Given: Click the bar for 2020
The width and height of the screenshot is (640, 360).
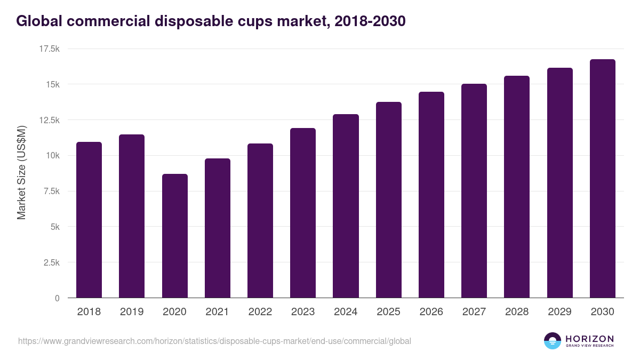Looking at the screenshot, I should [174, 236].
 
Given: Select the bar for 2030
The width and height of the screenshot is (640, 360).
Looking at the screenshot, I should [602, 179].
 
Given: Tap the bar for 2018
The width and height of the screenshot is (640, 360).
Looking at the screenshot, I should [89, 220].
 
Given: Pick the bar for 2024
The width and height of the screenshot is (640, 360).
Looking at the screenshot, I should [346, 206].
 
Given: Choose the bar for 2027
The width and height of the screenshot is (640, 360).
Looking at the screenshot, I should [474, 191].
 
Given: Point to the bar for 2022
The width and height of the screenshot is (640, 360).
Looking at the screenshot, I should [260, 221].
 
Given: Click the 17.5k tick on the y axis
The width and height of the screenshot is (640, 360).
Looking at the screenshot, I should [49, 49].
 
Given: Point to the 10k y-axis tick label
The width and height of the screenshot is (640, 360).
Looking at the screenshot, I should [51, 155].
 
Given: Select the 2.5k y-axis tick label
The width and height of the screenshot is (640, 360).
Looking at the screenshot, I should [51, 262].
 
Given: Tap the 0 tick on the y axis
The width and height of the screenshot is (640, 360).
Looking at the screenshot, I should [57, 298].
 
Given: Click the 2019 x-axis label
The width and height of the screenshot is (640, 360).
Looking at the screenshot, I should [132, 312].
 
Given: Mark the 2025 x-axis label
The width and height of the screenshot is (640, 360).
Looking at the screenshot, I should [388, 312].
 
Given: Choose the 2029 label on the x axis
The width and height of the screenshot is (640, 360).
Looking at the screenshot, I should [559, 312].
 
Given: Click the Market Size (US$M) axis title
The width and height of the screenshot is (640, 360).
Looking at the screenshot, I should [21, 173].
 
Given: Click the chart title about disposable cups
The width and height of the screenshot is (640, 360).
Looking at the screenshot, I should [211, 21].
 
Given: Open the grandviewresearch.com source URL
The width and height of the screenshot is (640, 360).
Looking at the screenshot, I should [214, 341].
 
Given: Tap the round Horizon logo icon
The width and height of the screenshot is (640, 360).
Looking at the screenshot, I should [553, 341].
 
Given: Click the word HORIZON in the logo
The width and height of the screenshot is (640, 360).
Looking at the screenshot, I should [589, 339].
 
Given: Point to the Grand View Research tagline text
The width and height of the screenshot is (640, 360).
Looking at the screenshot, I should [589, 346].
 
